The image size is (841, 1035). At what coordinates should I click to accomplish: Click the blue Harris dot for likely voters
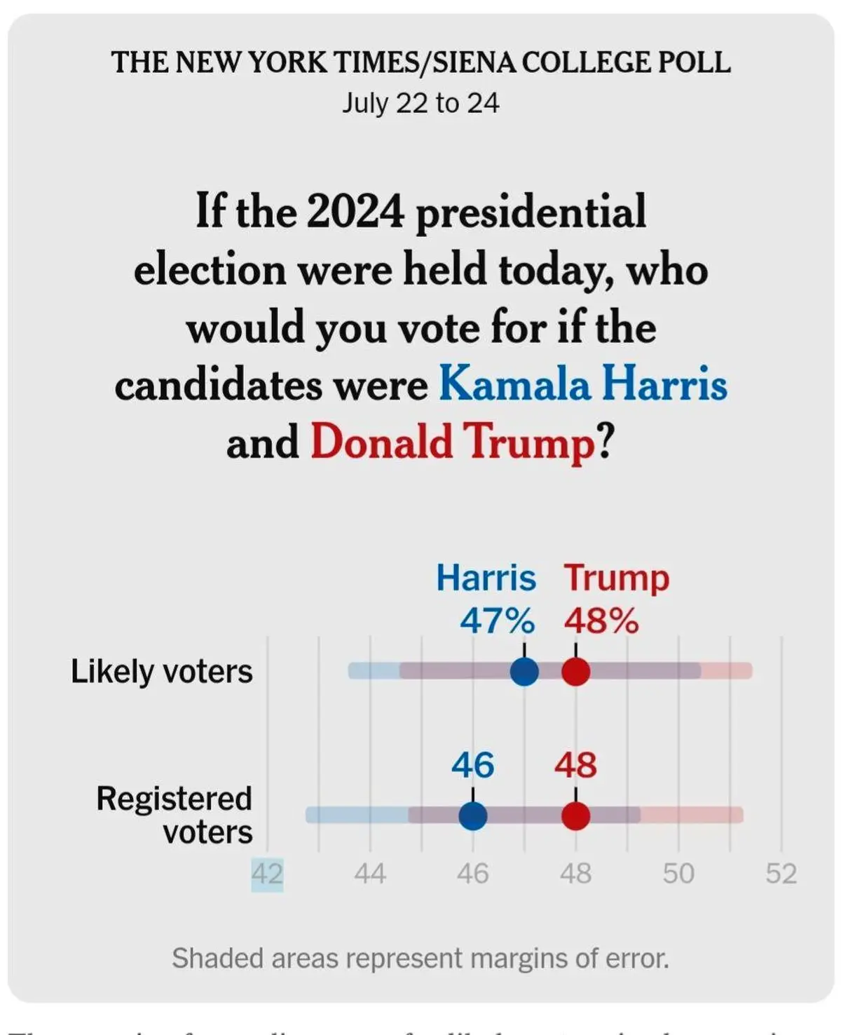[x=524, y=671]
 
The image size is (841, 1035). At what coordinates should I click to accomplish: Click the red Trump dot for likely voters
[x=576, y=671]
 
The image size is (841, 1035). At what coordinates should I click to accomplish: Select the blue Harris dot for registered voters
[x=473, y=816]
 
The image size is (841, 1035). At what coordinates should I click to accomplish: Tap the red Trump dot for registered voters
[x=576, y=816]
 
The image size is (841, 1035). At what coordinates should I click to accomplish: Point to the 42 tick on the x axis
[x=267, y=874]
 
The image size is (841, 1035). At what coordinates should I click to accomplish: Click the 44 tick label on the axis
[x=370, y=874]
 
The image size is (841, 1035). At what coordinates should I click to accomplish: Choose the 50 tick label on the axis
[x=678, y=874]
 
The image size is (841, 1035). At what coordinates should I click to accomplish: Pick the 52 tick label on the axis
[x=781, y=874]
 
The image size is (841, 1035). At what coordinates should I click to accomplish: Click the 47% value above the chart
[x=497, y=621]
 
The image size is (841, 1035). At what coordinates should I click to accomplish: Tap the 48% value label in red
[x=601, y=621]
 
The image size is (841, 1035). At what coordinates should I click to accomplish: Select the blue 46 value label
[x=473, y=765]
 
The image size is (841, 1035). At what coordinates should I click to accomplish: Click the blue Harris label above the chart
[x=486, y=579]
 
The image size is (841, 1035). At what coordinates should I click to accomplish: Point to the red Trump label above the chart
[x=617, y=579]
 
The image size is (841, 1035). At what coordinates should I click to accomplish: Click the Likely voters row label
[x=162, y=672]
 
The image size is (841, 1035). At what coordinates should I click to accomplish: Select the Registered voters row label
[x=175, y=816]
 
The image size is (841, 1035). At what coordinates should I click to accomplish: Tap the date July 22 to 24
[x=420, y=103]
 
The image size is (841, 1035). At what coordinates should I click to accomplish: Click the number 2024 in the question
[x=355, y=211]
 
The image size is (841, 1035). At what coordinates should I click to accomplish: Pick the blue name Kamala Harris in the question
[x=583, y=384]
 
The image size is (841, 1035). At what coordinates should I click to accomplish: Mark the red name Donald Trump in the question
[x=453, y=442]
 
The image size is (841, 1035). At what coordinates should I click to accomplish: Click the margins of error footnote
[x=420, y=959]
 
